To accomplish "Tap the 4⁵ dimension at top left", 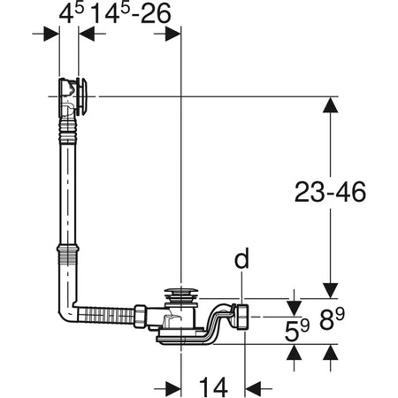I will point(67,15).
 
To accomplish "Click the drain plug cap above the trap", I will point(180,295).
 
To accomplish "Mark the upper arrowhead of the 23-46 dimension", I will point(329,105).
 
